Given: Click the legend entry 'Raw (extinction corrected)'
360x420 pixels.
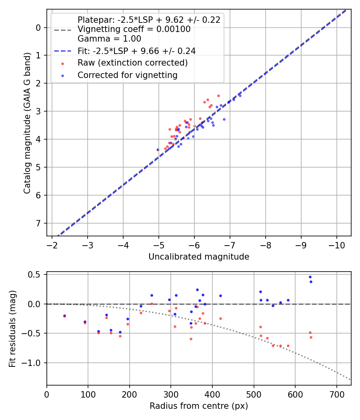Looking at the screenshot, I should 132,63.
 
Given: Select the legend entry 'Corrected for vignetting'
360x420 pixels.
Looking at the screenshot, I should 127,75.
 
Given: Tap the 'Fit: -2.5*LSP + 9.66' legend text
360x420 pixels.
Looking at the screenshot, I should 136,51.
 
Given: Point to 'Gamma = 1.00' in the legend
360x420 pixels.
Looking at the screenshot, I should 109,39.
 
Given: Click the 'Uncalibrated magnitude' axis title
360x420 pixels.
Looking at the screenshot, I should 199,257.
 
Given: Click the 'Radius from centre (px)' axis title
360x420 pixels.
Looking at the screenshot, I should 199,406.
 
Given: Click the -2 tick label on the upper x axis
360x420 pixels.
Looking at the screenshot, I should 52,245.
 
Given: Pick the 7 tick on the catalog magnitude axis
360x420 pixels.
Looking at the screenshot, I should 39,223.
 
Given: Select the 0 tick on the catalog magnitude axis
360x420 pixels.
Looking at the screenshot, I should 39,28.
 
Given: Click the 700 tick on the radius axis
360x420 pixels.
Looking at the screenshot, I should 336,394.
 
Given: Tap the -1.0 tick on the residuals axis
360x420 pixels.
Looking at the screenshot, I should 34,363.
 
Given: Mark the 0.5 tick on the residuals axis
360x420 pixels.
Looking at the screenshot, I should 36,274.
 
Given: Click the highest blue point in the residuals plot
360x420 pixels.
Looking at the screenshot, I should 310,277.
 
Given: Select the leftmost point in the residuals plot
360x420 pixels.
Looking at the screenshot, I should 64,316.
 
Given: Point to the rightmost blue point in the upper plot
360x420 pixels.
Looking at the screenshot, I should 240,96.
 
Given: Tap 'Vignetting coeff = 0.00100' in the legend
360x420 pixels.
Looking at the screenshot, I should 134,29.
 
